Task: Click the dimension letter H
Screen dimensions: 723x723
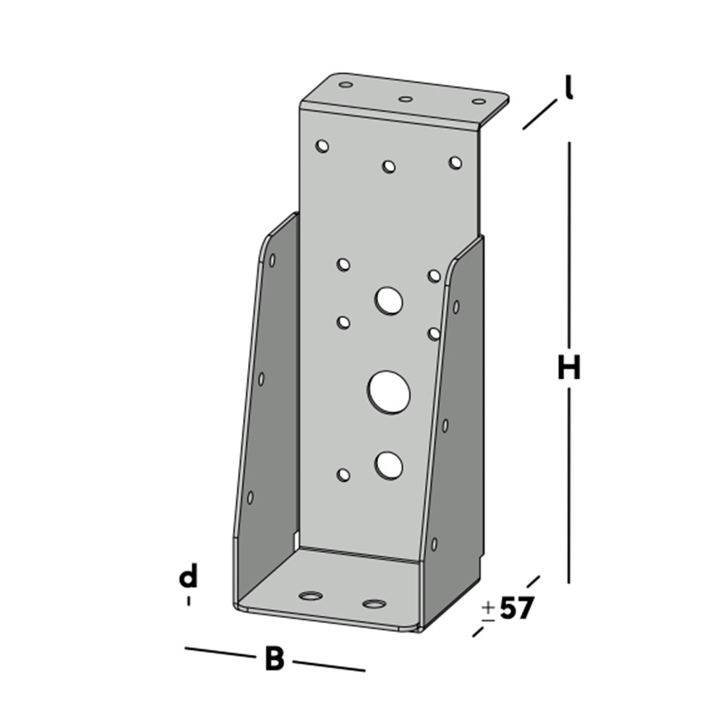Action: tap(569, 369)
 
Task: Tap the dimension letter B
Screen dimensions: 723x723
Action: tap(274, 659)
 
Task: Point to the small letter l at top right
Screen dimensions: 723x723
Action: tap(569, 88)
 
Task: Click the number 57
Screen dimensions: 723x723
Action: tap(516, 609)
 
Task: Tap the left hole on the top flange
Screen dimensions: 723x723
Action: tap(346, 85)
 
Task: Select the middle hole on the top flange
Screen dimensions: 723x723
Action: tap(406, 99)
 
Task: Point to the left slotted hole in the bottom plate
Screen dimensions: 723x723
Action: tap(312, 596)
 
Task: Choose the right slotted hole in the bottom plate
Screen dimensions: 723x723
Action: tap(374, 603)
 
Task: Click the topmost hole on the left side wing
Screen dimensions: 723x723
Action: tap(272, 260)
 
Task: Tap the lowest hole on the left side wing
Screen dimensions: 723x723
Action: tap(250, 497)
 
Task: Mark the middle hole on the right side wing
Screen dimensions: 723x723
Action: tap(445, 426)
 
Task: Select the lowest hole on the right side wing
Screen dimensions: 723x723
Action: tap(434, 543)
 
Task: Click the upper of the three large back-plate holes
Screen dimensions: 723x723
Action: tap(388, 299)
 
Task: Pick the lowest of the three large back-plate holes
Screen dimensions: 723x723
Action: tap(389, 465)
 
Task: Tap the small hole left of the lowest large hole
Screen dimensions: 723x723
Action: tap(343, 475)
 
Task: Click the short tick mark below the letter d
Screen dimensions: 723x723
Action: tap(189, 601)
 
